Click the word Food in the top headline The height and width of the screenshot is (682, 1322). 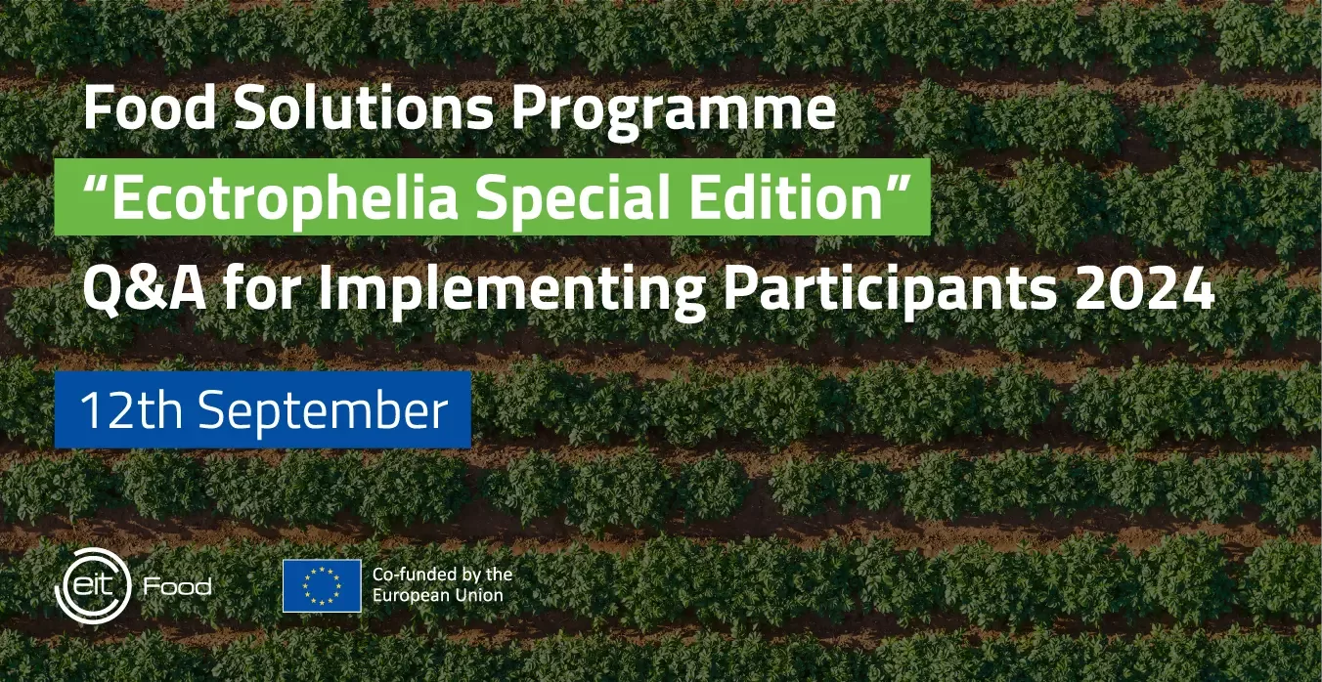coord(150,107)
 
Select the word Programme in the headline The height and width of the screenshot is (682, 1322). coord(674,112)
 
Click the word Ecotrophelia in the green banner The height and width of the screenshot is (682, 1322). coord(285,197)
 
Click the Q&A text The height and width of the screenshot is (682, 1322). coord(145,289)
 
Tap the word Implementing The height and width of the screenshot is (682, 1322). coord(511,294)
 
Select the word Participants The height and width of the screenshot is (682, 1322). coord(890,294)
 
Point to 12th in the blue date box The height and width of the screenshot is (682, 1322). coord(131,409)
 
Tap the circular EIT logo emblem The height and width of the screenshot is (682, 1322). coord(93,585)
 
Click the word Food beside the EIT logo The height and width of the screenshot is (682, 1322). coord(178,586)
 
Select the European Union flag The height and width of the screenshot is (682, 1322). coord(322,586)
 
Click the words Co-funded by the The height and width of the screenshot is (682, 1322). coord(443,575)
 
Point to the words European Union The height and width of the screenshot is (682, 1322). coord(438,595)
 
